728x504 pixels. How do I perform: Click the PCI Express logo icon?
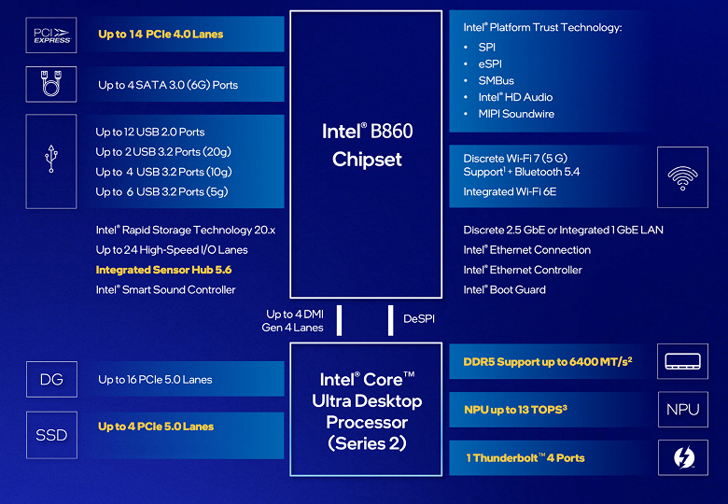[51, 35]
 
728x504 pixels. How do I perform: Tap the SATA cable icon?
[51, 85]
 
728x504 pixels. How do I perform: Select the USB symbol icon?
[51, 161]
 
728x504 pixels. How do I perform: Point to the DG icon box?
[51, 379]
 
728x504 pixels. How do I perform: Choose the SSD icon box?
[51, 435]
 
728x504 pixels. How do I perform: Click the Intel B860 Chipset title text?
[367, 145]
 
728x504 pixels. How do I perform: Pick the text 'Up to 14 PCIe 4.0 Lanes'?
[161, 35]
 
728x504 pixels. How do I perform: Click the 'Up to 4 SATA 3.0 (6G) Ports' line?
[168, 85]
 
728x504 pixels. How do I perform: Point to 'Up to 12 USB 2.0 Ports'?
[150, 133]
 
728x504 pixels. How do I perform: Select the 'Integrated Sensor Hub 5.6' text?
[163, 270]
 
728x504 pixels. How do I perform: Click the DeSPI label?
[419, 319]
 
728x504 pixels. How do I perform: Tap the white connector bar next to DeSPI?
[390, 319]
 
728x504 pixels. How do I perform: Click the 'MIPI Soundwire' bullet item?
[516, 114]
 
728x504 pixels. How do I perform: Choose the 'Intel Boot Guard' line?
[505, 289]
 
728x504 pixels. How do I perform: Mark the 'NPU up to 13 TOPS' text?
[515, 409]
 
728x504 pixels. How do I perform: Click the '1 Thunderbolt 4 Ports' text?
[525, 458]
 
